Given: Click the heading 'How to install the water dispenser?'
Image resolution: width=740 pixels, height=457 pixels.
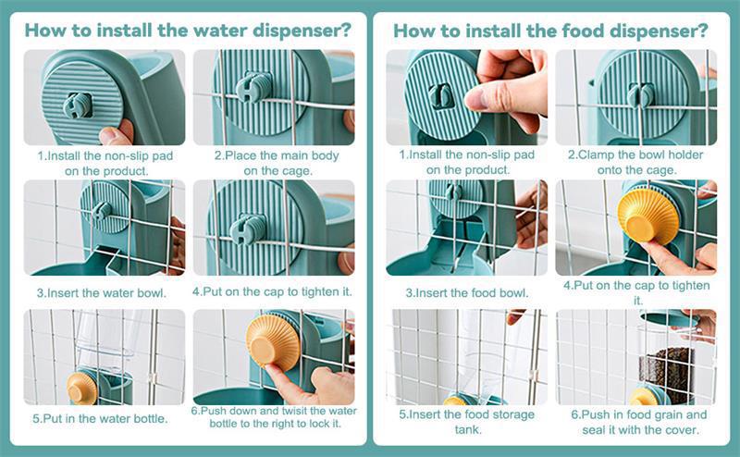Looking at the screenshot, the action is click(188, 31).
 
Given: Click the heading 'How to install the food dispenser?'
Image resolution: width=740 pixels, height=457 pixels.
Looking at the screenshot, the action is click(550, 31).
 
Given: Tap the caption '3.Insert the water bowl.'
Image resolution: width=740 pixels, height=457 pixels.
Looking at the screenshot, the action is click(102, 293).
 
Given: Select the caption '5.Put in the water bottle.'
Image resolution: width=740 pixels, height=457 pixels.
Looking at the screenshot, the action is click(100, 419).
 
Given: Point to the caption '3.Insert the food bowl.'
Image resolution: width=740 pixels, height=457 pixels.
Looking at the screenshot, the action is click(467, 293).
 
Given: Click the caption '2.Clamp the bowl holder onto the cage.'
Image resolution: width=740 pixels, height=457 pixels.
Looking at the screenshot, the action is click(635, 163).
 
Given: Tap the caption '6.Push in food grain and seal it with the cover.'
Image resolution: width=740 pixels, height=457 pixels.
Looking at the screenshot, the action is click(639, 422).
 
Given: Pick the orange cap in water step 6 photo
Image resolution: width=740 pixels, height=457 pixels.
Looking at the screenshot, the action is click(273, 341).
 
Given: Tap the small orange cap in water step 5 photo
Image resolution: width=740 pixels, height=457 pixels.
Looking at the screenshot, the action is click(82, 388).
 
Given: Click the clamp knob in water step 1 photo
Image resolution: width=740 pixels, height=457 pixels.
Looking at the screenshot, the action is click(78, 105).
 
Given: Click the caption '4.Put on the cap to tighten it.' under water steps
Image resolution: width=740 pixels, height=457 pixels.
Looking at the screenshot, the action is click(272, 291).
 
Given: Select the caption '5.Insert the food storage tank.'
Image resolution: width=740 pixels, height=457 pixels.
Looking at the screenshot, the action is click(467, 422).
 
